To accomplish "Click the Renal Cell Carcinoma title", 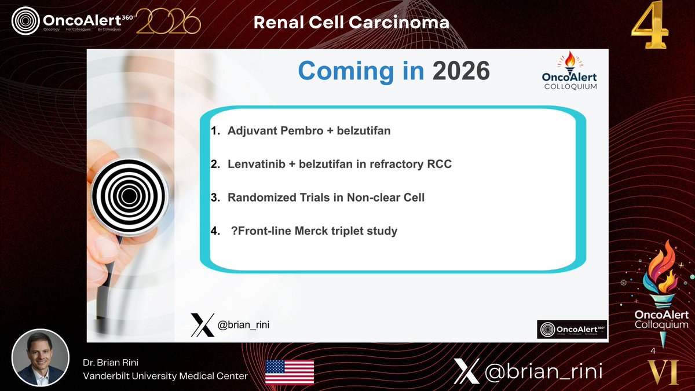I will pyautogui.click(x=352, y=22).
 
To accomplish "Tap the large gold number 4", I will pyautogui.click(x=650, y=28).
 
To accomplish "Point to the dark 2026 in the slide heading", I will pyautogui.click(x=461, y=71).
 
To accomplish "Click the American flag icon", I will pyautogui.click(x=290, y=371).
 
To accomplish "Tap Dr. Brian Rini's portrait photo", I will pyautogui.click(x=41, y=357).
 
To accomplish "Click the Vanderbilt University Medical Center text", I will pyautogui.click(x=165, y=376).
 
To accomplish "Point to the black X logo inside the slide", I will pyautogui.click(x=202, y=325).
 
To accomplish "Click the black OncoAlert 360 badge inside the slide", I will pyautogui.click(x=572, y=330).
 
